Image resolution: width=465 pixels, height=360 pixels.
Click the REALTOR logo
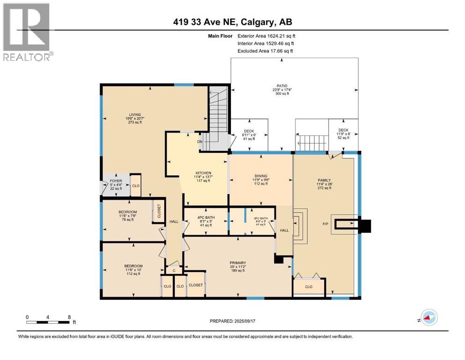coord(27,32)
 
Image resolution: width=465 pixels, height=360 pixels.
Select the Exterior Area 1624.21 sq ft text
coord(266,36)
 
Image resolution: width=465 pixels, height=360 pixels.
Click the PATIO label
coord(281,86)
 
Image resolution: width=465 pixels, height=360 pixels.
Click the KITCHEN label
coord(203,172)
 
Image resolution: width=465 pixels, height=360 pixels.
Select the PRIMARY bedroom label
coord(238,262)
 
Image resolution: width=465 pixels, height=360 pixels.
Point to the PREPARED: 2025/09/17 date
coord(232,321)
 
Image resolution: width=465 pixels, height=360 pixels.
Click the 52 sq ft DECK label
coord(343,134)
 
